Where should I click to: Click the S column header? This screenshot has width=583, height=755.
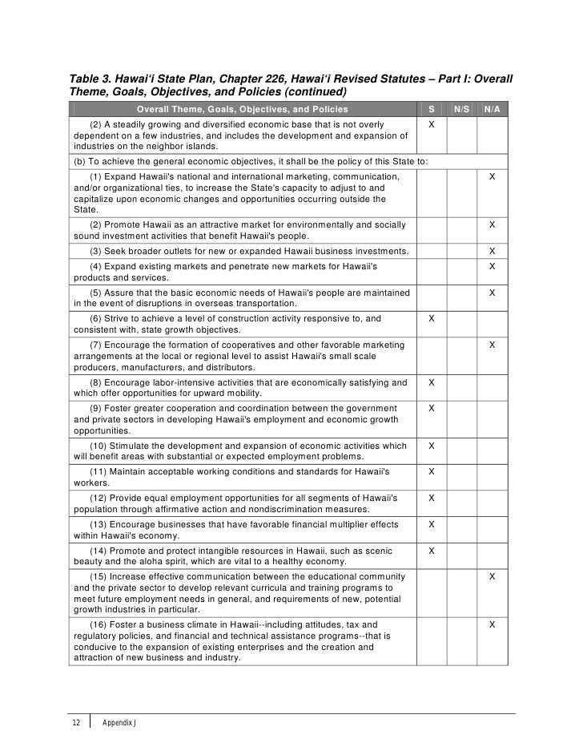432,109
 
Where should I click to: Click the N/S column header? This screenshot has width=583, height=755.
462,109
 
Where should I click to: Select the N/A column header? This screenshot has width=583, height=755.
493,109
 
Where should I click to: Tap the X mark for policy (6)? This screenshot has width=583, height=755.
432,319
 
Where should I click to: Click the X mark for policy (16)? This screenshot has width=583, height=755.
493,624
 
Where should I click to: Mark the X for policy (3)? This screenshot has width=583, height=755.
493,252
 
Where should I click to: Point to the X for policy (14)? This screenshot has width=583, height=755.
432,551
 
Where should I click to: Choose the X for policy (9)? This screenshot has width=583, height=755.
432,408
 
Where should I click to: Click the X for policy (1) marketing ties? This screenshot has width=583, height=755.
493,176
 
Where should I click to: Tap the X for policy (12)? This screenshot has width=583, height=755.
432,498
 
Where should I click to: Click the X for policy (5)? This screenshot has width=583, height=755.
493,293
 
